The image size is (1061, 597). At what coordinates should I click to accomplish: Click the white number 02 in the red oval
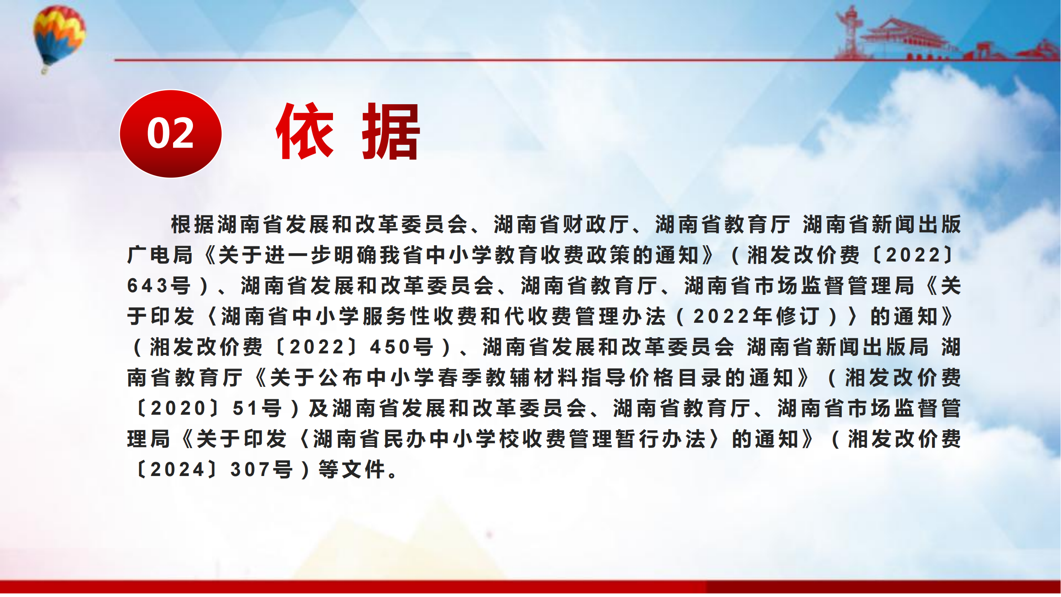[170, 133]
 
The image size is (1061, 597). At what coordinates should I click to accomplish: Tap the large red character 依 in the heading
[305, 131]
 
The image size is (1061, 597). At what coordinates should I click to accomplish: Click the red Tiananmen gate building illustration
[906, 39]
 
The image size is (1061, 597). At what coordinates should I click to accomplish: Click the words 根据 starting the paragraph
[194, 224]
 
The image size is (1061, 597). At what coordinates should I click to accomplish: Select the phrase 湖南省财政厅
[561, 224]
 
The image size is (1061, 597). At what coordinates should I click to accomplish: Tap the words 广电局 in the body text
[160, 255]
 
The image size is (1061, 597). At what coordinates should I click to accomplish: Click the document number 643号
[159, 285]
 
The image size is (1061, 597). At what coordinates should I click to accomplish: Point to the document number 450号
[402, 347]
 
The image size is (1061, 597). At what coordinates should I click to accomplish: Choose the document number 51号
[257, 408]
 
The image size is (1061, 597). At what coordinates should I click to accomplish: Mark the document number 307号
[262, 469]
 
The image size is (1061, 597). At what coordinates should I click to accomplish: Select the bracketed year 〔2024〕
[177, 469]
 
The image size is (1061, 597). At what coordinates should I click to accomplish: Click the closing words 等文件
[352, 469]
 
